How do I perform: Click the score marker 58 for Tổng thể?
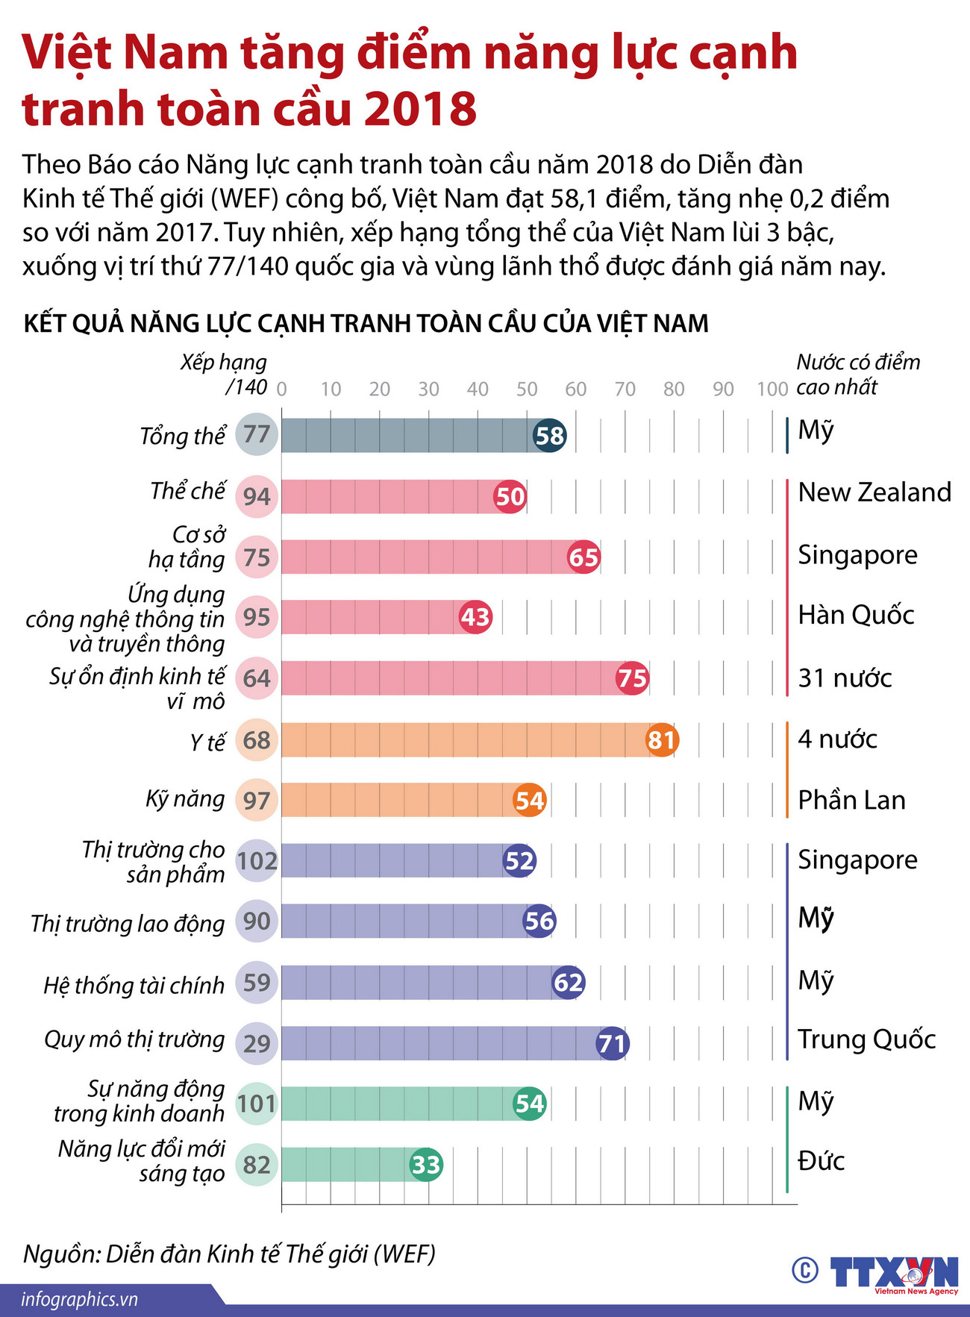point(550,435)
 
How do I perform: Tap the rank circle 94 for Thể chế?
point(257,496)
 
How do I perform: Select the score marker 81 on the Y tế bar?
point(661,739)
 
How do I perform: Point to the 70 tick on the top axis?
point(625,389)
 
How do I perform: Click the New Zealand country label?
point(874,492)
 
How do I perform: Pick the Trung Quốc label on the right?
point(866,1039)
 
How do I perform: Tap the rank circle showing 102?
point(257,860)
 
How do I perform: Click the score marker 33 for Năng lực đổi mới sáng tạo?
point(426,1164)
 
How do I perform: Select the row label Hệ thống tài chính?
point(134,986)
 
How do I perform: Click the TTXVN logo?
point(893,1273)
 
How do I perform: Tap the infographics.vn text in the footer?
point(80,1299)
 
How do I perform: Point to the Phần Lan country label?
point(851,800)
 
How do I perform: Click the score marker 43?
point(475,617)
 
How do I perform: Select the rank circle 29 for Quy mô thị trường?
point(257,1042)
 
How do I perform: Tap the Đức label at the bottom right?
point(821,1161)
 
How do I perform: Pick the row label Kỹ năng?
point(185,799)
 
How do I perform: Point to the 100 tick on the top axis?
point(772,389)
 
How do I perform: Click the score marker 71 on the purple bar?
point(612,1042)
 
